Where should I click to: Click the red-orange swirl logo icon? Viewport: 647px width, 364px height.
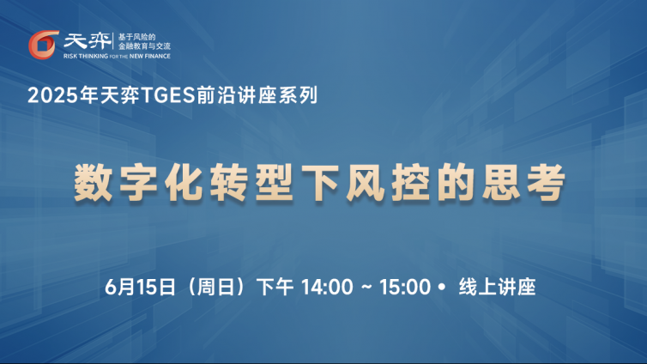(x=43, y=45)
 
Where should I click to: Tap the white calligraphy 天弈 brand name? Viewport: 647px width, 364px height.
(x=87, y=41)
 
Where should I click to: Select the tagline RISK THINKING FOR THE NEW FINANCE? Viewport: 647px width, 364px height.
(x=117, y=56)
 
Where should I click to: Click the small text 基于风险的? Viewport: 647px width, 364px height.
(x=137, y=37)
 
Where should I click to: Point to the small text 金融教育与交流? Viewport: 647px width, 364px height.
(x=144, y=46)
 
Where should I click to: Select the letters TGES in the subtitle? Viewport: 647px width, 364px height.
(x=168, y=95)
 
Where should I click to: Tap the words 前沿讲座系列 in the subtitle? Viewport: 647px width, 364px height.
(x=257, y=95)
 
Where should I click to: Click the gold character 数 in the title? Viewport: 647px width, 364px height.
(x=94, y=182)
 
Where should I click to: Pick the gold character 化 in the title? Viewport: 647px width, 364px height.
(x=184, y=182)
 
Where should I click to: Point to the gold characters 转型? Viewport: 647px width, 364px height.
(x=252, y=182)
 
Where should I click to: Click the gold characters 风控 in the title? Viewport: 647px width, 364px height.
(x=388, y=182)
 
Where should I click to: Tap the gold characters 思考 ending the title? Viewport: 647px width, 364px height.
(x=524, y=182)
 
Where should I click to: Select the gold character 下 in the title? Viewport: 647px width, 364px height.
(x=320, y=182)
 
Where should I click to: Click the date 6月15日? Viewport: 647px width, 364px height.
(x=140, y=287)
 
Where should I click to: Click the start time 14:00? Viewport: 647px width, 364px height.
(x=327, y=287)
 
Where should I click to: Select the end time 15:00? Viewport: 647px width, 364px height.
(x=405, y=287)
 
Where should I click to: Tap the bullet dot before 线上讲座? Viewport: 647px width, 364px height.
(x=442, y=287)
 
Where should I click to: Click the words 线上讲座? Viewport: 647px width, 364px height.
(x=497, y=287)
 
